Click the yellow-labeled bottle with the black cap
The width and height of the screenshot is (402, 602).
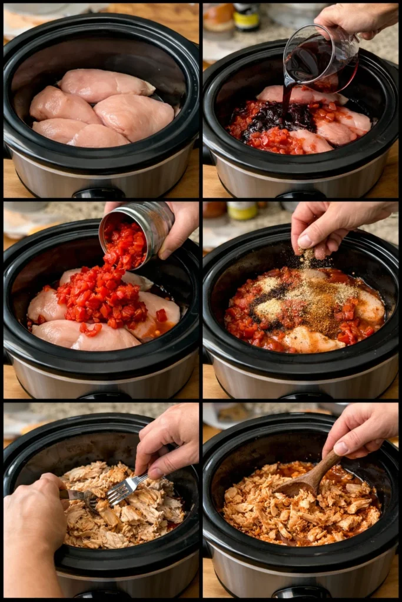[x=246, y=16]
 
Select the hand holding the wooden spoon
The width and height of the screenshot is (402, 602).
[x=362, y=429]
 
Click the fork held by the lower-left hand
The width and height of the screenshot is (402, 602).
[x=82, y=497]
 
